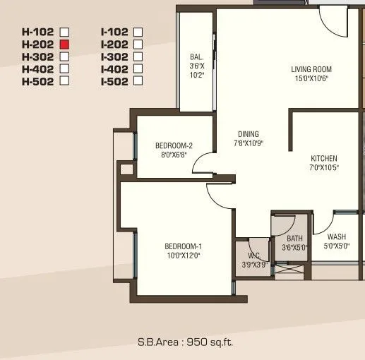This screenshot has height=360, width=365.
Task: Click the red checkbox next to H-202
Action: point(64,44)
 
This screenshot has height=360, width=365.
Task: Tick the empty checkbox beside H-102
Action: point(64,32)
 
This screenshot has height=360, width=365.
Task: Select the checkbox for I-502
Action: point(138,81)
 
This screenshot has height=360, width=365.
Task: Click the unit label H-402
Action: point(39,68)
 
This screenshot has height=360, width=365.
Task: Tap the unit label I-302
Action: point(114,56)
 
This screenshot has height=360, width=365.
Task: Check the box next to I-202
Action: point(138,44)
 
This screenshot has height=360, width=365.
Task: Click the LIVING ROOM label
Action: point(311,69)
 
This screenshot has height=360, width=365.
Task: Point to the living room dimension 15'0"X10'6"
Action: point(311,78)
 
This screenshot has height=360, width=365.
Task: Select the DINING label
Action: point(249,134)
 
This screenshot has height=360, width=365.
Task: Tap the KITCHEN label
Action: point(324,158)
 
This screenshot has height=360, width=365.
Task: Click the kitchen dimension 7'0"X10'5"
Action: point(324,167)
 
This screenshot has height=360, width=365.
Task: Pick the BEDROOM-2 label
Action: point(174,146)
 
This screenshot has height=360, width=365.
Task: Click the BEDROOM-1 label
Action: point(183,246)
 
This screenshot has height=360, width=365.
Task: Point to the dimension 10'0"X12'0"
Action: point(183,255)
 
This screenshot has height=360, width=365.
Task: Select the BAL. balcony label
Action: point(196,57)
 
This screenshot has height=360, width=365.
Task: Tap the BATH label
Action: point(294,239)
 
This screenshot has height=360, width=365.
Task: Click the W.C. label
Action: point(254,256)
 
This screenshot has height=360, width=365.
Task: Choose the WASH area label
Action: point(337,237)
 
